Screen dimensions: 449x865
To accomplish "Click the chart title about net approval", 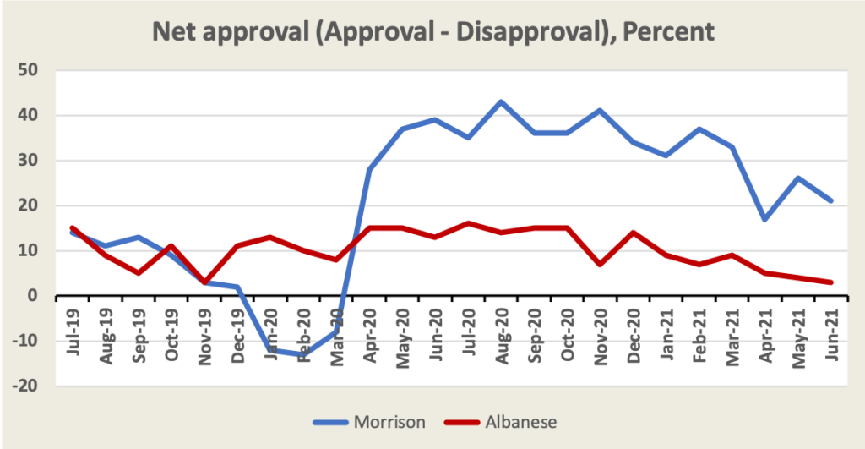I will coord(432,31).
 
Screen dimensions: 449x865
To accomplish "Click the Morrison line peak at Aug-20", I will coord(501,101).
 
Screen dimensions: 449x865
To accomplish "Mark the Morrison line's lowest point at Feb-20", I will coord(303,355).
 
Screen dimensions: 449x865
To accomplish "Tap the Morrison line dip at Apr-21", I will coord(764,219).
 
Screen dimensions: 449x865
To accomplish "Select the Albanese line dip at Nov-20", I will coord(600,265).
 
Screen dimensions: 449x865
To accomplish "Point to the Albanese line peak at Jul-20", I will coord(468,223).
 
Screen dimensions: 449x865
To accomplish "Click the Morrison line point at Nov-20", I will coord(600,110).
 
